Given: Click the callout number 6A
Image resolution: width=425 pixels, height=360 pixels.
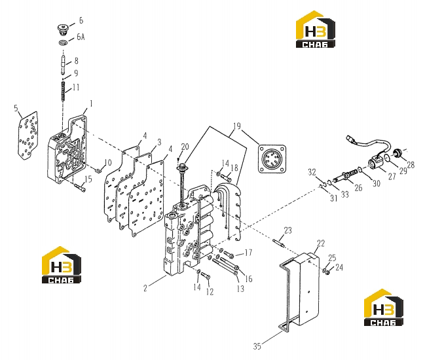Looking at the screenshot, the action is click(81, 37).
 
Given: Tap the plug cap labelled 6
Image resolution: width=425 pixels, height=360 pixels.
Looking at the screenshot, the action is click(62, 29).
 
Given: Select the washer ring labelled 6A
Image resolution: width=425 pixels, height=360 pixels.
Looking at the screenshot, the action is click(64, 43).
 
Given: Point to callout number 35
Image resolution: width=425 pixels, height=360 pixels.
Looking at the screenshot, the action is click(257, 346).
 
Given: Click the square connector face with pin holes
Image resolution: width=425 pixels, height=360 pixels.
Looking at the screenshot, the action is click(272, 158).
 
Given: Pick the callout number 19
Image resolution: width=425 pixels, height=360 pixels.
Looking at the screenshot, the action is click(236, 126).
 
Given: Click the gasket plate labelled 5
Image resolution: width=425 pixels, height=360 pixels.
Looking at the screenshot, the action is click(28, 135).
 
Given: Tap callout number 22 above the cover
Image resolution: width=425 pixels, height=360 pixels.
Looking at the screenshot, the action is click(321, 243).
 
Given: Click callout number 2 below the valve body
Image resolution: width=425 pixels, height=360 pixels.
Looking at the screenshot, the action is click(145, 288).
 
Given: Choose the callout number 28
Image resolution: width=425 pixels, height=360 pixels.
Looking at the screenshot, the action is click(411, 164).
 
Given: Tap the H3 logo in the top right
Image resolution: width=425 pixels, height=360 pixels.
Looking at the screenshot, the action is click(315, 29).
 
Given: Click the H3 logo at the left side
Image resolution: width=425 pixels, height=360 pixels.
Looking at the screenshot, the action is click(62, 265).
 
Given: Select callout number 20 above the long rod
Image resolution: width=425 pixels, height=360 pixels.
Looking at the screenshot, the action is click(185, 147).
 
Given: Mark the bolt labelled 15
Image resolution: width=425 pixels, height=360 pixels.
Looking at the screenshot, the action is click(80, 187).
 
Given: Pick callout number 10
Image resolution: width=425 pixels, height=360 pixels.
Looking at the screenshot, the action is click(108, 162).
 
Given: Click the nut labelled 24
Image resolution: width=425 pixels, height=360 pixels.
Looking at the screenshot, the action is click(327, 272).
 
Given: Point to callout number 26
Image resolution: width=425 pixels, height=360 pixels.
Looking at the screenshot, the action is click(358, 187).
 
